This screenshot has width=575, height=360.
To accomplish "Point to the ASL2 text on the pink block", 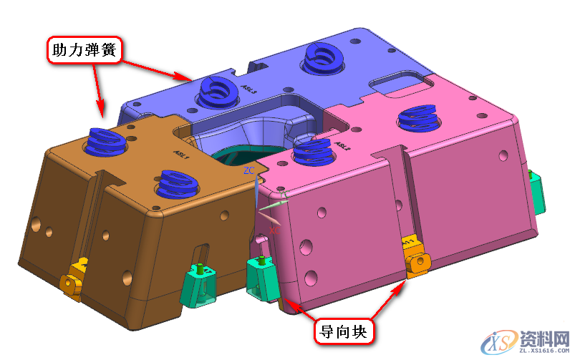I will [342, 147].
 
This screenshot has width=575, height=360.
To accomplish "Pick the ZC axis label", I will [248, 171].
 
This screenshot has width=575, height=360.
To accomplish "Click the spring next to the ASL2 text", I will [312, 150].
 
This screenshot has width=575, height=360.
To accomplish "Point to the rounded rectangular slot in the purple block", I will [400, 83].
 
